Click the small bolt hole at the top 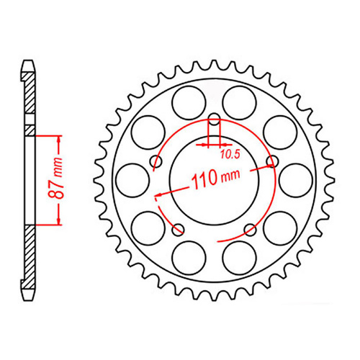[214, 120]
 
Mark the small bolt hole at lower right [250, 229]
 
